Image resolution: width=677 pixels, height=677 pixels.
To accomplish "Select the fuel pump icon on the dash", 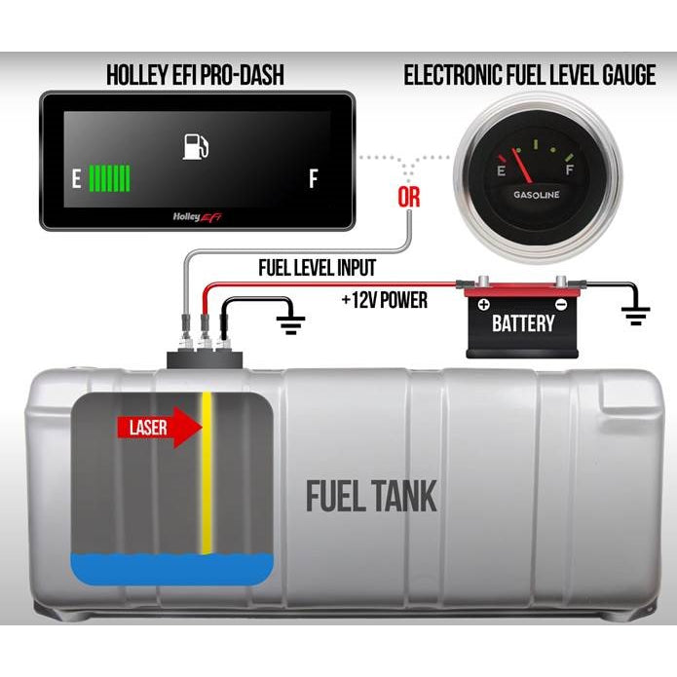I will tap(197, 147).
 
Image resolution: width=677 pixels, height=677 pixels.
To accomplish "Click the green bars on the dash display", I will tap(110, 178).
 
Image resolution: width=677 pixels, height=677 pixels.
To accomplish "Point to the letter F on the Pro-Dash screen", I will tap(313, 178).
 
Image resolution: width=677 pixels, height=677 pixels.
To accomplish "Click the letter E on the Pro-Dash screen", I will tap(75, 178).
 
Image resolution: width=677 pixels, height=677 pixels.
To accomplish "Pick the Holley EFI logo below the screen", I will tap(197, 216).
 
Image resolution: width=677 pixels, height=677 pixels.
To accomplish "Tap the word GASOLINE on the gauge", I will tap(537, 196).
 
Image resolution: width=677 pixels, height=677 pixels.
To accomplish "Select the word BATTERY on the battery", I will tap(522, 322).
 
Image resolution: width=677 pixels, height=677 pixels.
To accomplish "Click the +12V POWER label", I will tap(384, 300).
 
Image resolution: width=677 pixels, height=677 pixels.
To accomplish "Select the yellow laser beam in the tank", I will tap(207, 477).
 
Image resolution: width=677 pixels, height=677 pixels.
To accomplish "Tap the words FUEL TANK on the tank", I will tap(371, 495).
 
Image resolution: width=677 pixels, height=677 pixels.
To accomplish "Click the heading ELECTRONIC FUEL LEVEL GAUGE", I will tap(529, 75).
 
